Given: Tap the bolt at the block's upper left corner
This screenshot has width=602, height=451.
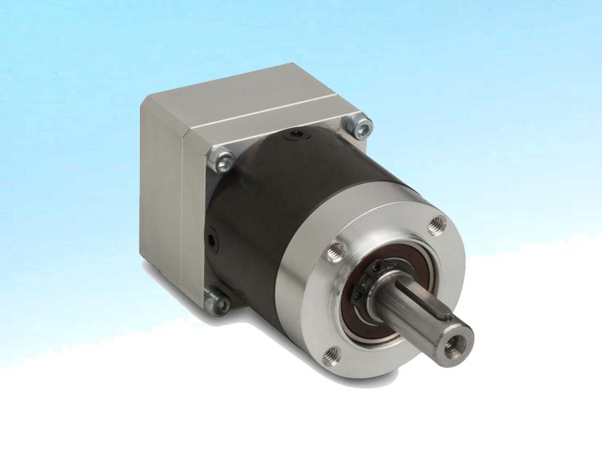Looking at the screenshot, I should [x=223, y=159].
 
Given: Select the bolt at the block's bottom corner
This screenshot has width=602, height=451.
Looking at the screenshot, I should [x=217, y=303].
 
